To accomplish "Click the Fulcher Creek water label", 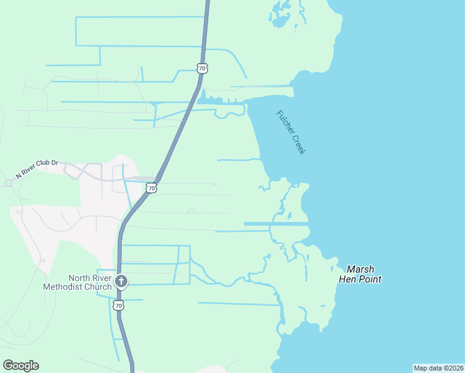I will (x=291, y=132).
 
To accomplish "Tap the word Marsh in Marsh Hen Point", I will (x=360, y=269).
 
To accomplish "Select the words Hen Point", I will (x=360, y=279).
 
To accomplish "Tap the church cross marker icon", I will (x=121, y=282).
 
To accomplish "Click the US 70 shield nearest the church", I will (x=119, y=305).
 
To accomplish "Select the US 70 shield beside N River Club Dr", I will (x=151, y=187).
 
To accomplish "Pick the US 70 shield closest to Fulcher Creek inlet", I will (x=201, y=67).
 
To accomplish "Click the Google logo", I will (x=21, y=366).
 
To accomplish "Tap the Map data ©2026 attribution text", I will (x=438, y=368).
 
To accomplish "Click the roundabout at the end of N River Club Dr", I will (x=9, y=183).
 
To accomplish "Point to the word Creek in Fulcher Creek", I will (x=297, y=142).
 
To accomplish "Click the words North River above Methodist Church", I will (x=90, y=278).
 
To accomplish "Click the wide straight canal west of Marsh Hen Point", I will (x=276, y=224).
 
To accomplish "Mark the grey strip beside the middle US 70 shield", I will (x=144, y=178).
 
